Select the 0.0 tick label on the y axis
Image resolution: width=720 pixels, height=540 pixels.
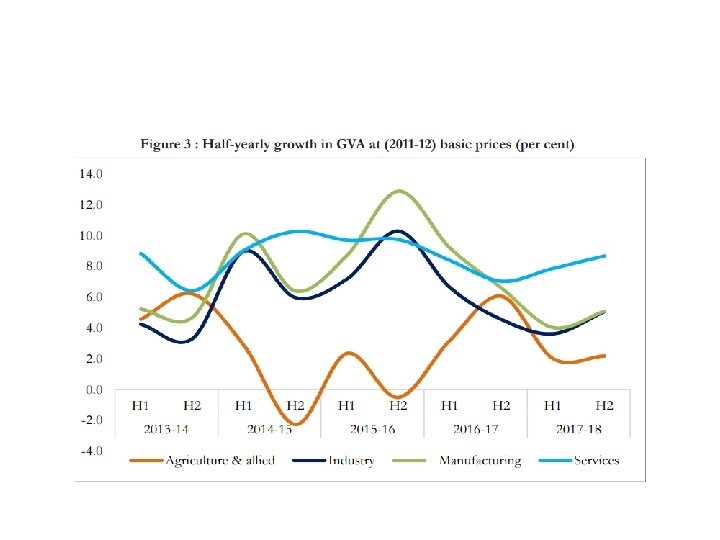coord(92,389)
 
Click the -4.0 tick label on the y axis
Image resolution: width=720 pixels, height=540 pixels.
coord(90,451)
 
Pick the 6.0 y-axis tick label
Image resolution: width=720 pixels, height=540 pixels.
coord(92,297)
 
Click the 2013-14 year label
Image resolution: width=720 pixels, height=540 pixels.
coord(166,430)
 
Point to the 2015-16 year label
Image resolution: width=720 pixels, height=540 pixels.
coord(372,430)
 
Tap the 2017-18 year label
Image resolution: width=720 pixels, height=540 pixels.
coord(578,430)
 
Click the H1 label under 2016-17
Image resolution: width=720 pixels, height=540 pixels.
coord(449,406)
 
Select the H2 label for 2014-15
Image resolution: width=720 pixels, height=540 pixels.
coord(295,406)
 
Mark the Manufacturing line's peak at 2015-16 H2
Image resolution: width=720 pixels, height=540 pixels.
coord(399,190)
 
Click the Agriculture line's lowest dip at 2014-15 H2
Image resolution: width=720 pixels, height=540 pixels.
coord(295,424)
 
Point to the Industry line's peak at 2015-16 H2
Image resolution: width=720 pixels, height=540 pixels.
coord(398,231)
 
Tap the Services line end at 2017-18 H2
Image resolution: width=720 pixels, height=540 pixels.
coord(604,255)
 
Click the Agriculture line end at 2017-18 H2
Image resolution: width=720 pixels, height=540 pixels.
coord(604,355)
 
